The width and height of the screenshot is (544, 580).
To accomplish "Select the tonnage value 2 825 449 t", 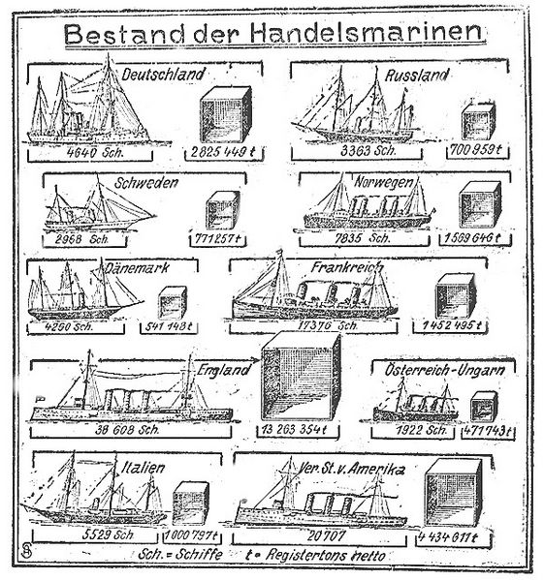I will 226,153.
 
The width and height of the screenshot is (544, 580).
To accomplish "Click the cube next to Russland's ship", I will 478,121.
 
